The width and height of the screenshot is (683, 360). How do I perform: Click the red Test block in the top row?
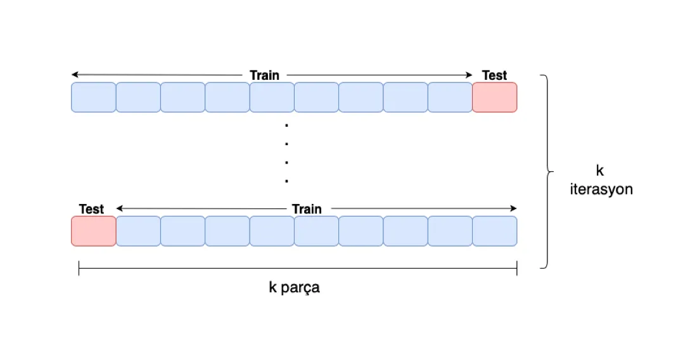pos(494,98)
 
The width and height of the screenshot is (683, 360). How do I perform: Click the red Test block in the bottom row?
pos(94,231)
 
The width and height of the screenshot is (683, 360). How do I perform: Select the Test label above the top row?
pos(494,75)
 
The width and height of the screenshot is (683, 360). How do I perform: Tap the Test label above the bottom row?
pos(91,209)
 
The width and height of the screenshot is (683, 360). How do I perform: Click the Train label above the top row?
pos(264,75)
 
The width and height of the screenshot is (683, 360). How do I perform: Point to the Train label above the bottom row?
pos(307,209)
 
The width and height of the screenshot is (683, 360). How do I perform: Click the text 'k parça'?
pos(294,287)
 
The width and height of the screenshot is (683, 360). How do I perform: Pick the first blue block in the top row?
pos(94,98)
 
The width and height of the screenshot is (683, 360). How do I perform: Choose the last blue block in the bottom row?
pos(494,231)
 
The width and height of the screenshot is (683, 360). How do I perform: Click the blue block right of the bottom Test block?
pos(138,231)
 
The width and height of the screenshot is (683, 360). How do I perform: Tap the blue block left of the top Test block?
pos(450,98)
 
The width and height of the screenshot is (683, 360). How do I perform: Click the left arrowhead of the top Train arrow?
pos(73,75)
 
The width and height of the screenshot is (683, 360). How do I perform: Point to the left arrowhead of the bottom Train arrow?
pos(118,209)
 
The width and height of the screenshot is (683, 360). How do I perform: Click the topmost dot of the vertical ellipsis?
pos(286,125)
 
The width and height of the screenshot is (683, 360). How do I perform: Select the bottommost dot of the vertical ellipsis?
pos(286,181)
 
